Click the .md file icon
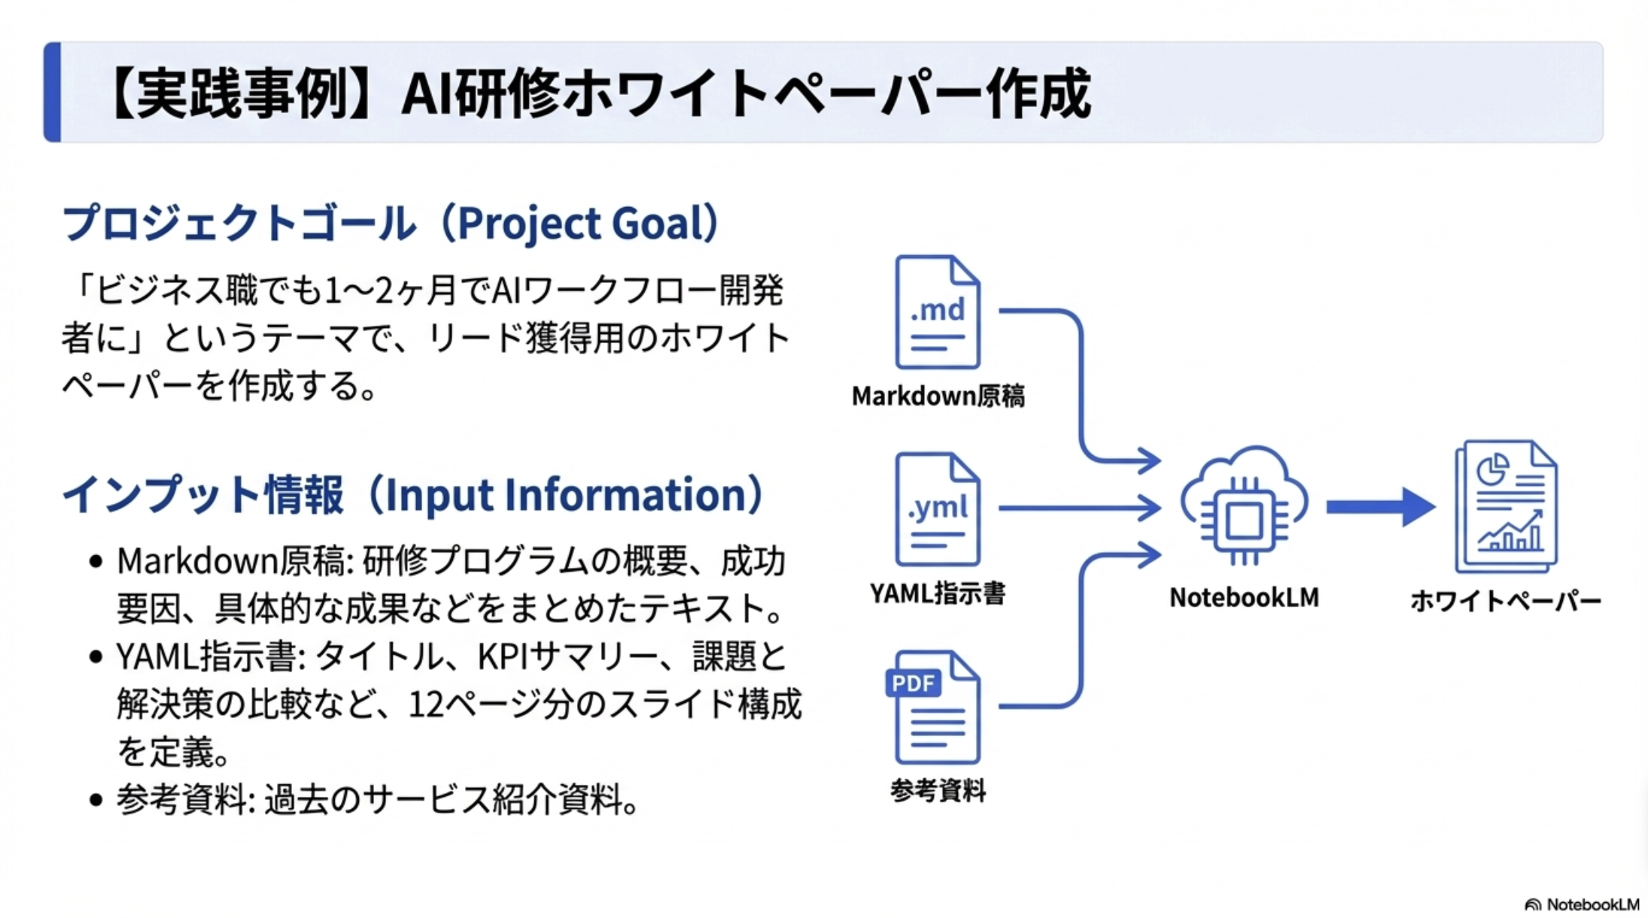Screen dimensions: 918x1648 tap(937, 312)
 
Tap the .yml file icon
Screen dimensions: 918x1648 tap(937, 509)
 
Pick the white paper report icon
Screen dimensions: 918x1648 tap(1506, 506)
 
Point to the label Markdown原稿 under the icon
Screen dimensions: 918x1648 tap(938, 397)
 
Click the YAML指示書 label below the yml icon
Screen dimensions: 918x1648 tap(937, 594)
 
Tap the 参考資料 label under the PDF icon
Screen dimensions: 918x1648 tap(937, 791)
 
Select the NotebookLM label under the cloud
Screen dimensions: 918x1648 tap(1244, 597)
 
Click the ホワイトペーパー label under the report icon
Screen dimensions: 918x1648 tap(1506, 601)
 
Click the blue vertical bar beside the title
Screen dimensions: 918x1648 tap(52, 92)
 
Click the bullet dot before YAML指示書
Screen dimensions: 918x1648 tap(96, 658)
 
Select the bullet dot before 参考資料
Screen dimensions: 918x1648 tap(96, 800)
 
